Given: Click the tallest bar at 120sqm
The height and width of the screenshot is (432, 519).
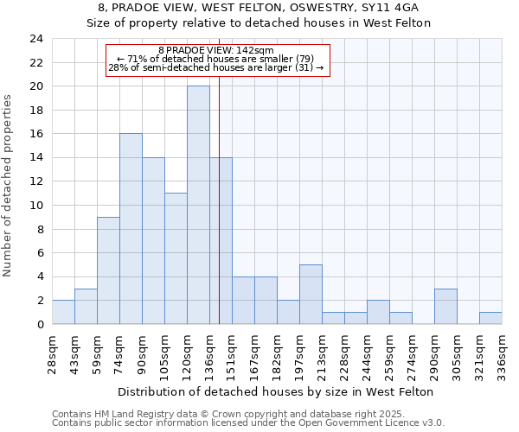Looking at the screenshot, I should [x=198, y=205].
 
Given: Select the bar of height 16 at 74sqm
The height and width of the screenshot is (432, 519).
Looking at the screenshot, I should [x=131, y=229].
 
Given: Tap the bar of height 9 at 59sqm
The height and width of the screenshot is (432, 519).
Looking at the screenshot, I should [x=108, y=270].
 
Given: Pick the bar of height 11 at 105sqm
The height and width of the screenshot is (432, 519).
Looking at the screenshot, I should [x=176, y=258].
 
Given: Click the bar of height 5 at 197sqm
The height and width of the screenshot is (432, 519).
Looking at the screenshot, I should [x=311, y=294].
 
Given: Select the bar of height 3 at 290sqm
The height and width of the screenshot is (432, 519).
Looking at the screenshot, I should [x=445, y=306].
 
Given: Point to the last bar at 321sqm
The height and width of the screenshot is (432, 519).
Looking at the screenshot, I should [x=490, y=318].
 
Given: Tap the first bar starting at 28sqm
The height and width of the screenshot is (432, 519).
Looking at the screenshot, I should [x=63, y=312].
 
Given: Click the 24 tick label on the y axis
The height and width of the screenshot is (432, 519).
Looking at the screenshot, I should [x=35, y=39].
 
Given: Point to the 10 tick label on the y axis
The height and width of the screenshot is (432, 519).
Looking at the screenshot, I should [x=35, y=206].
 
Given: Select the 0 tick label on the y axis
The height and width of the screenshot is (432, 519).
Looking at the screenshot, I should [x=39, y=324].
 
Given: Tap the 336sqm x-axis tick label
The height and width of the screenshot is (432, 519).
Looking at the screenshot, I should [x=501, y=350].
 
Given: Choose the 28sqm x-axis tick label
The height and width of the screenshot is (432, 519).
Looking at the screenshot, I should [x=52, y=350].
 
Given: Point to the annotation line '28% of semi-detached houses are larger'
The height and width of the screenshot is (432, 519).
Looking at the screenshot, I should [x=216, y=67].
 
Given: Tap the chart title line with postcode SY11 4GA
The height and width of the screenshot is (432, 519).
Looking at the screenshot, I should [x=259, y=7].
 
